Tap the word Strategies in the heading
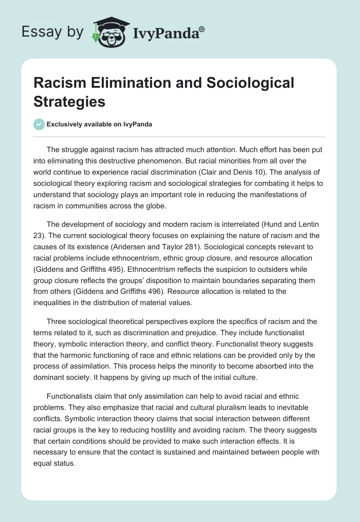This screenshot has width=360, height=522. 69,102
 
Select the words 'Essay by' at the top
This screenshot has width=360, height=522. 53,32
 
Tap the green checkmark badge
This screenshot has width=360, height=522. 40,124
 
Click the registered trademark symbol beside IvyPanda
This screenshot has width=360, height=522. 202,30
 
